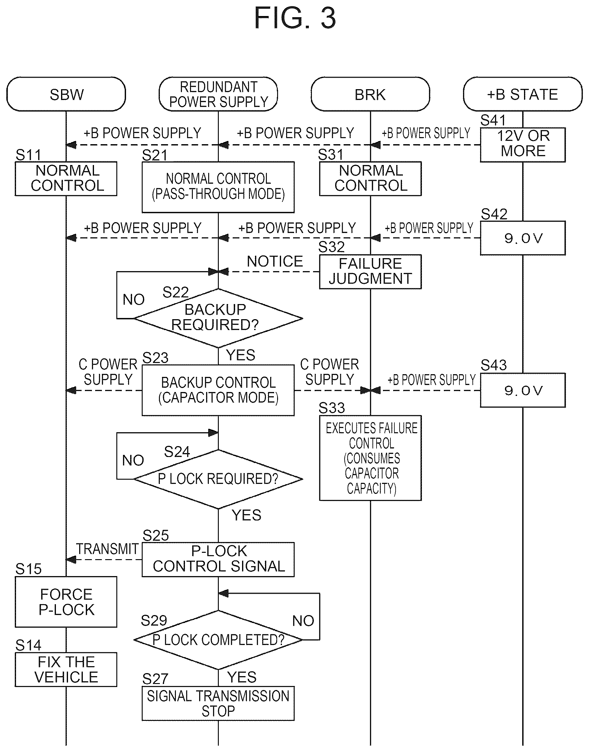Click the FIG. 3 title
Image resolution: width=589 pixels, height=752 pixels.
[x=295, y=18]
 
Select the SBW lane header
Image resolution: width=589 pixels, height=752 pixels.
[x=66, y=94]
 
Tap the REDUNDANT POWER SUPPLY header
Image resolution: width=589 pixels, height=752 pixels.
[x=218, y=94]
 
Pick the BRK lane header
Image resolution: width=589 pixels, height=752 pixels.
[x=371, y=94]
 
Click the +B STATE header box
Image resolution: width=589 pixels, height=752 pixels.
[x=523, y=94]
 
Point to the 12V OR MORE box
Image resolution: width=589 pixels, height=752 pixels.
[x=523, y=145]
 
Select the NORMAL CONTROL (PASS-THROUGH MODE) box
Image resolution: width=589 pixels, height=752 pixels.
[x=218, y=187]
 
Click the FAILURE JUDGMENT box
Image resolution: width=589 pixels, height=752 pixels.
[x=371, y=271]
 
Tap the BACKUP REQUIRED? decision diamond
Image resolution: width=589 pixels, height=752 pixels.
[x=218, y=318]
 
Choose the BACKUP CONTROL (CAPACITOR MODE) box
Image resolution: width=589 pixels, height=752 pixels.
[x=218, y=390]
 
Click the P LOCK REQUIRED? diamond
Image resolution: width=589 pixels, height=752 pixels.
[x=218, y=479]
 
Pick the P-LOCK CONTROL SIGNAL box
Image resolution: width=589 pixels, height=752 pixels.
[x=218, y=559]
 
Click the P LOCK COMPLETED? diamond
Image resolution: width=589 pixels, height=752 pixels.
[x=218, y=640]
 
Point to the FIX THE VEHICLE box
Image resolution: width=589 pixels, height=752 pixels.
[x=66, y=669]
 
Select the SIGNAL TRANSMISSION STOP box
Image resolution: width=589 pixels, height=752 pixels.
[x=218, y=703]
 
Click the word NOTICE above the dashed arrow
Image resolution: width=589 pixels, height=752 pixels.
[x=275, y=261]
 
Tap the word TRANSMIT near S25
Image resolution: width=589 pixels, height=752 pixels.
[x=107, y=549]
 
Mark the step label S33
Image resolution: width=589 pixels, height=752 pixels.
[x=332, y=408]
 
